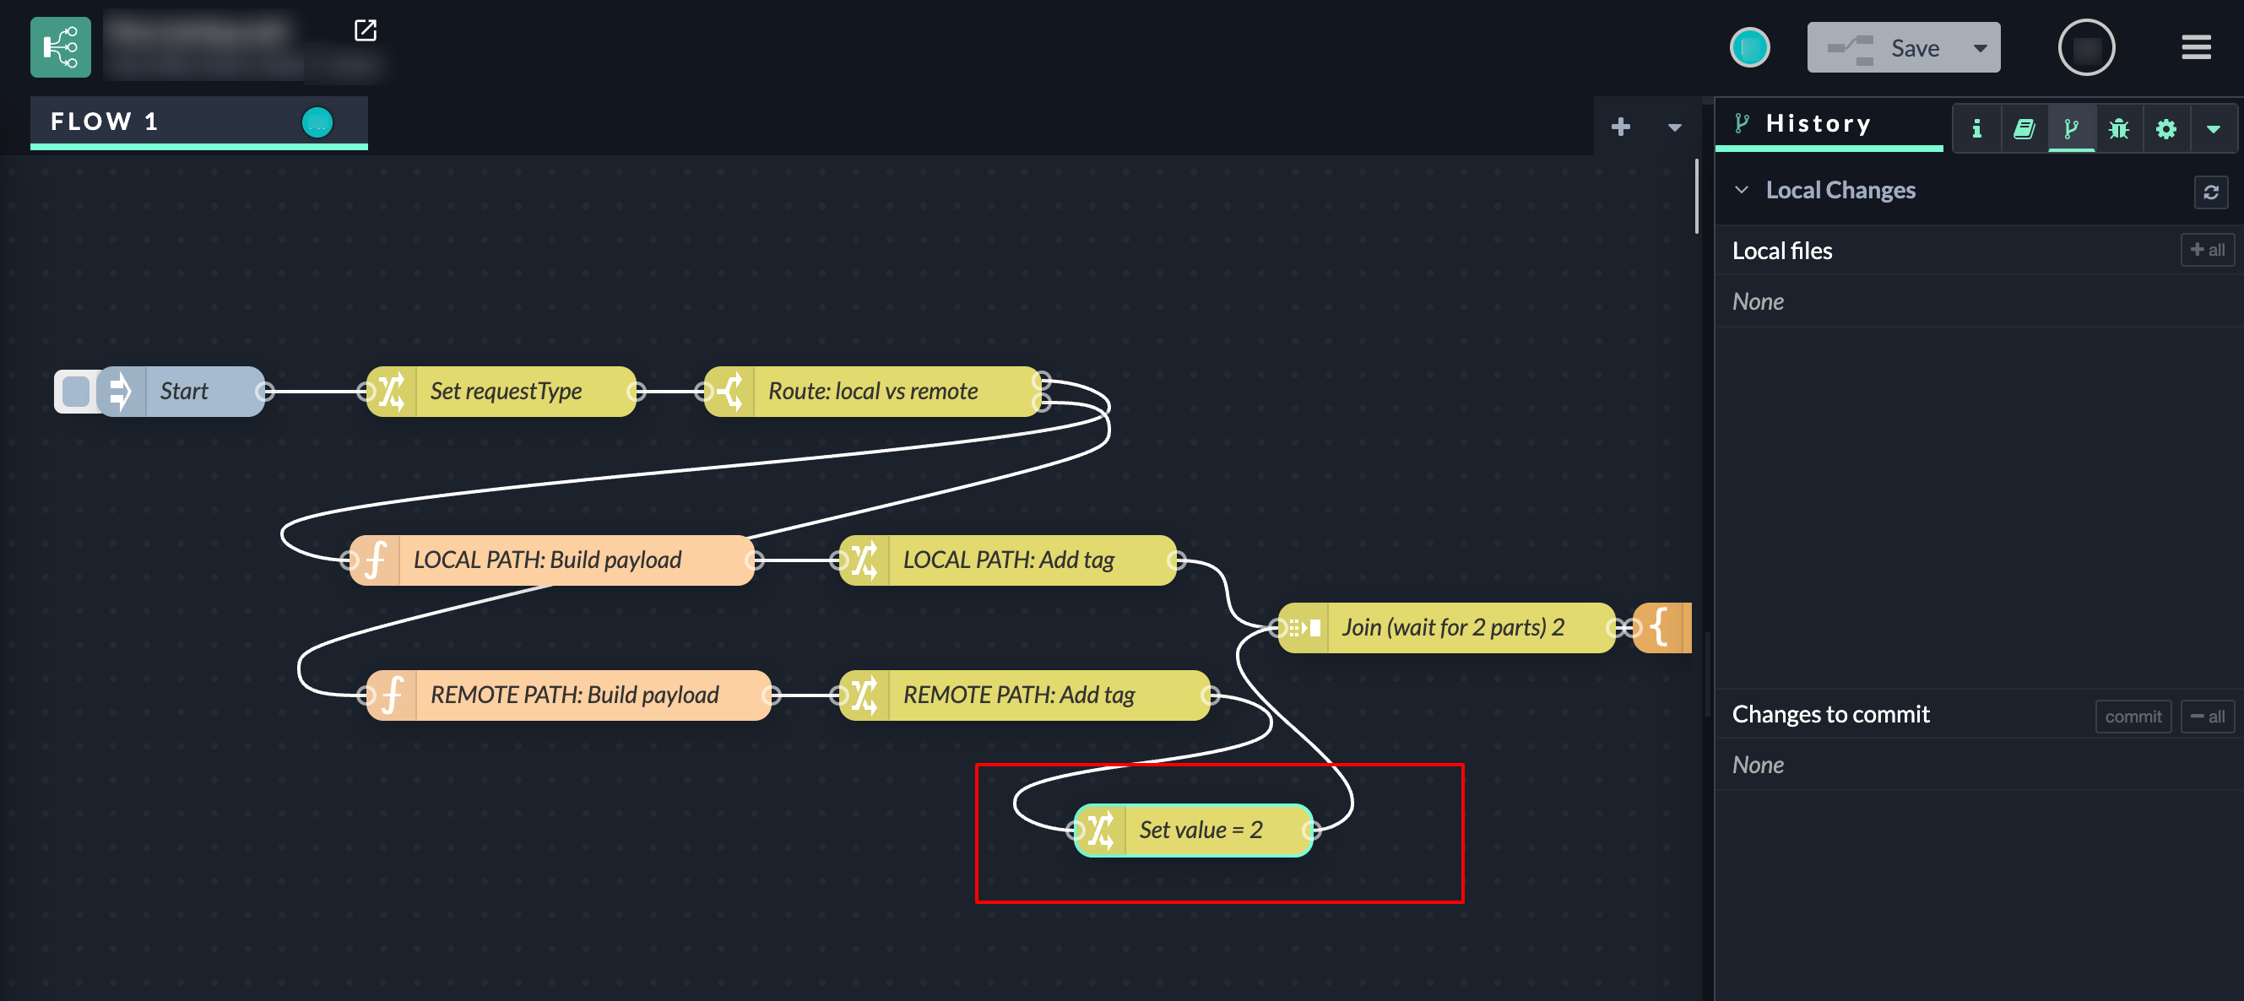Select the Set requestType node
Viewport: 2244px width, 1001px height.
(x=505, y=391)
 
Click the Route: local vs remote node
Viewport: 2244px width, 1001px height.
(x=872, y=391)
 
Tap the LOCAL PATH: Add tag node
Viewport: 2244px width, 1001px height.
(x=1008, y=560)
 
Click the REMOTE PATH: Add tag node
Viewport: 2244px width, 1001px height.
(x=1018, y=695)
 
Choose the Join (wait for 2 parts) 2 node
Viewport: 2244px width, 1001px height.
(x=1452, y=627)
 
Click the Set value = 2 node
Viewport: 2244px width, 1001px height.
(x=1201, y=831)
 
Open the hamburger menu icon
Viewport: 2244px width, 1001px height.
(x=2195, y=47)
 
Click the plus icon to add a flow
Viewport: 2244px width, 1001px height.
(x=1620, y=127)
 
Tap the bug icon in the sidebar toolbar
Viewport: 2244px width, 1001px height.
(x=2118, y=129)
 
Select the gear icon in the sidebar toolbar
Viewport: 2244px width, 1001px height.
(x=2165, y=129)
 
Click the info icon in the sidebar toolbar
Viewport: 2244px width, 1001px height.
(x=1976, y=129)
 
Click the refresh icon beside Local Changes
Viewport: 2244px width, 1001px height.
(x=2210, y=192)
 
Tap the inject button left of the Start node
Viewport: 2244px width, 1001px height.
(x=76, y=391)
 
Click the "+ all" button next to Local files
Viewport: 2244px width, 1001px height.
(x=2207, y=250)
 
